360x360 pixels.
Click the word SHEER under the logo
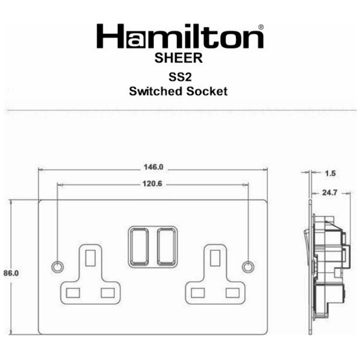pyautogui.click(x=179, y=58)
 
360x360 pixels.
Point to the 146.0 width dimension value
pyautogui.click(x=153, y=167)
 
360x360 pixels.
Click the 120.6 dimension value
pyautogui.click(x=152, y=184)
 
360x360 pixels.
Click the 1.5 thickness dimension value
pyautogui.click(x=330, y=173)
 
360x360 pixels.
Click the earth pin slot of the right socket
pyautogui.click(x=215, y=257)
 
